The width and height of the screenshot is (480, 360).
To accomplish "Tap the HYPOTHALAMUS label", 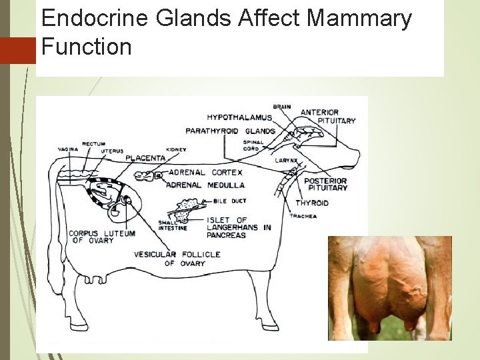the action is [239, 118].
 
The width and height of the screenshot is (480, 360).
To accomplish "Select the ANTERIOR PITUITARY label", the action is [328, 117].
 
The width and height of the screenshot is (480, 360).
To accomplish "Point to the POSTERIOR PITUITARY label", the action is [325, 184].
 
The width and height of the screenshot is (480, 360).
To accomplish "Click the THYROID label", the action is [312, 203].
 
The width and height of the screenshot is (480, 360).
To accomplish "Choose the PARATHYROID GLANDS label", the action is [230, 131].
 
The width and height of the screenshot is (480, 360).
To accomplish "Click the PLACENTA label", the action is [146, 159].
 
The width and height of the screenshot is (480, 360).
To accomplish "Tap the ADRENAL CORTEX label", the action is [203, 172].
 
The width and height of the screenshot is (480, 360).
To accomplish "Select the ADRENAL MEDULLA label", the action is [205, 185].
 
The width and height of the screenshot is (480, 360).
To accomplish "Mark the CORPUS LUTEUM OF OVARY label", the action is [101, 237].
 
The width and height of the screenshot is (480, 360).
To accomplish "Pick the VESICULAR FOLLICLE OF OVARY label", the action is [169, 259].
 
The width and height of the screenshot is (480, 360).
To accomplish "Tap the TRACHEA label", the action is [301, 216].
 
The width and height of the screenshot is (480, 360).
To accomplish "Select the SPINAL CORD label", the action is [254, 145].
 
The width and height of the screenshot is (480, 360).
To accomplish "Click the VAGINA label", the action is [68, 149].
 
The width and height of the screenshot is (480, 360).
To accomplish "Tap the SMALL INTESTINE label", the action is [173, 225].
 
